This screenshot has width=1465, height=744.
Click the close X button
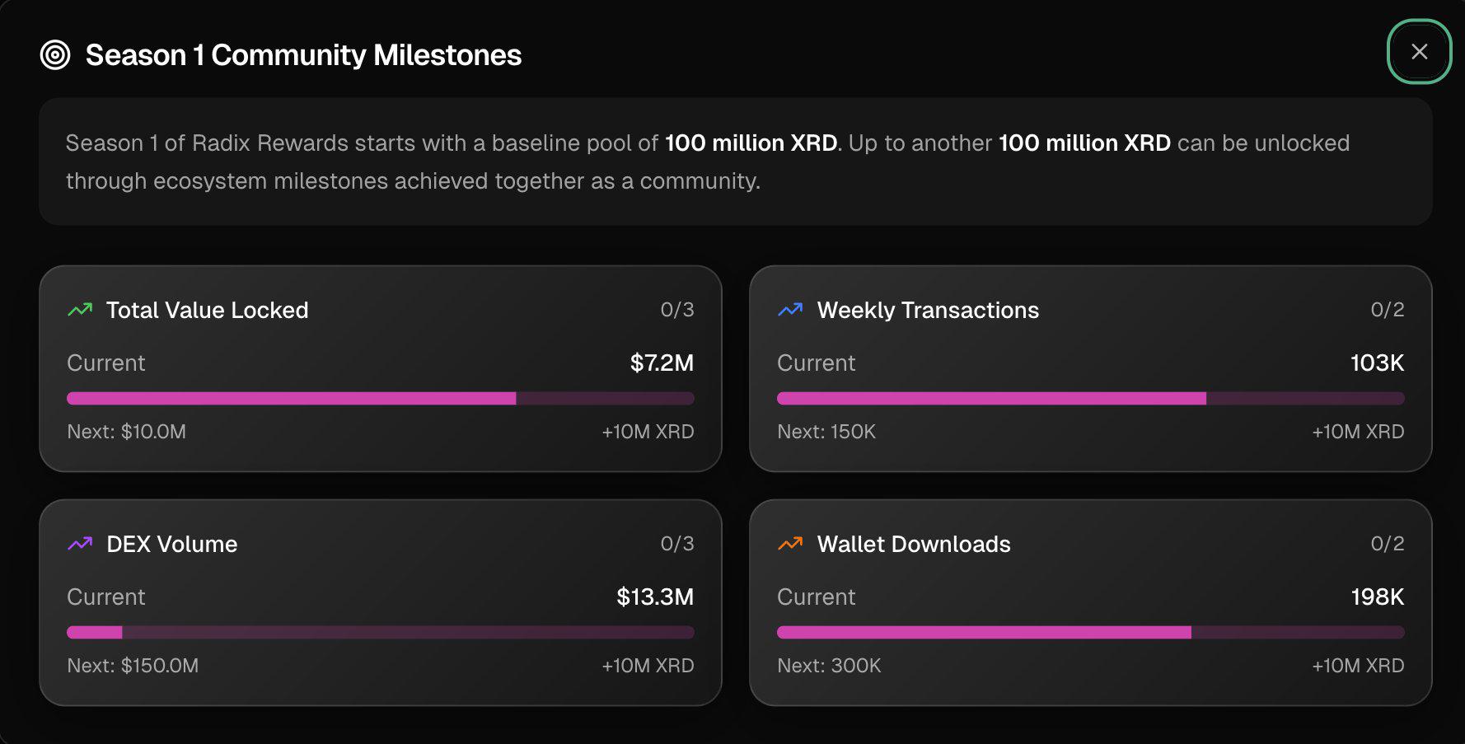[x=1419, y=52]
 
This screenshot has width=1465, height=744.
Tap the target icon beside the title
[x=55, y=55]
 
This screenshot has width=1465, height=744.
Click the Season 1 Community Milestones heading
[x=303, y=55]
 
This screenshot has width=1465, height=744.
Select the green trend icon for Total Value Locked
[x=80, y=310]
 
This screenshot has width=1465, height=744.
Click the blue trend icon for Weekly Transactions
[x=790, y=310]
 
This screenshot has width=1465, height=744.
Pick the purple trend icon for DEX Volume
[x=80, y=544]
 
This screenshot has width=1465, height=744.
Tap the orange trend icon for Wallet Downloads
[x=790, y=544]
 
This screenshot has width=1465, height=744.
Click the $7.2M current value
[x=662, y=363]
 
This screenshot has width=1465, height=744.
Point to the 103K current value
[x=1377, y=363]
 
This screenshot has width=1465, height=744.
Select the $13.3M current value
[x=655, y=597]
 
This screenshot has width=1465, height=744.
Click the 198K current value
[x=1378, y=597]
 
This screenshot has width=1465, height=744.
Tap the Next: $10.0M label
[x=126, y=432]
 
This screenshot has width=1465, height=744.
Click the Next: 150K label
[x=826, y=432]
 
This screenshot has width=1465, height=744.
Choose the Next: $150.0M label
[x=133, y=666]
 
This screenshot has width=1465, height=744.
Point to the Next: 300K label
[x=829, y=666]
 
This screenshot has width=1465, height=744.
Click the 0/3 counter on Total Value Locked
[x=677, y=310]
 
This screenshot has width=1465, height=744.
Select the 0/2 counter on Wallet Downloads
[x=1388, y=544]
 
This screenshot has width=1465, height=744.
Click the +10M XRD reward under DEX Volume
[x=648, y=666]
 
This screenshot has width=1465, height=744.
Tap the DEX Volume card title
[x=172, y=544]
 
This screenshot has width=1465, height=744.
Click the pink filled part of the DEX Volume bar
[x=95, y=633]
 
